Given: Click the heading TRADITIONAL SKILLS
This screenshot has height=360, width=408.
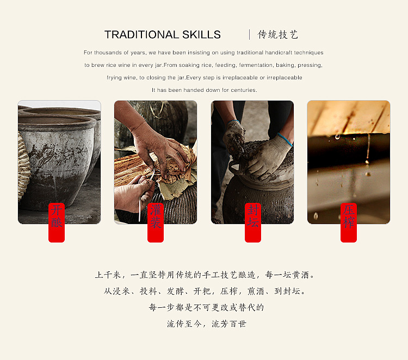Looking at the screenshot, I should pyautogui.click(x=162, y=35).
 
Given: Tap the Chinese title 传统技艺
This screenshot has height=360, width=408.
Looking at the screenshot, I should pyautogui.click(x=278, y=35).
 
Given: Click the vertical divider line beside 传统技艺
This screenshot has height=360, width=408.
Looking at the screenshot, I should pyautogui.click(x=250, y=35).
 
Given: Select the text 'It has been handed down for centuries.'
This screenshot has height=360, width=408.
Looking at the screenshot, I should pyautogui.click(x=204, y=90).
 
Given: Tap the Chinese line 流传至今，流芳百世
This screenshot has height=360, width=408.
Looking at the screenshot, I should pyautogui.click(x=204, y=324).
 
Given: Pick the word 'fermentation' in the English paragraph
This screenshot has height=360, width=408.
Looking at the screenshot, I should pyautogui.click(x=232, y=65).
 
